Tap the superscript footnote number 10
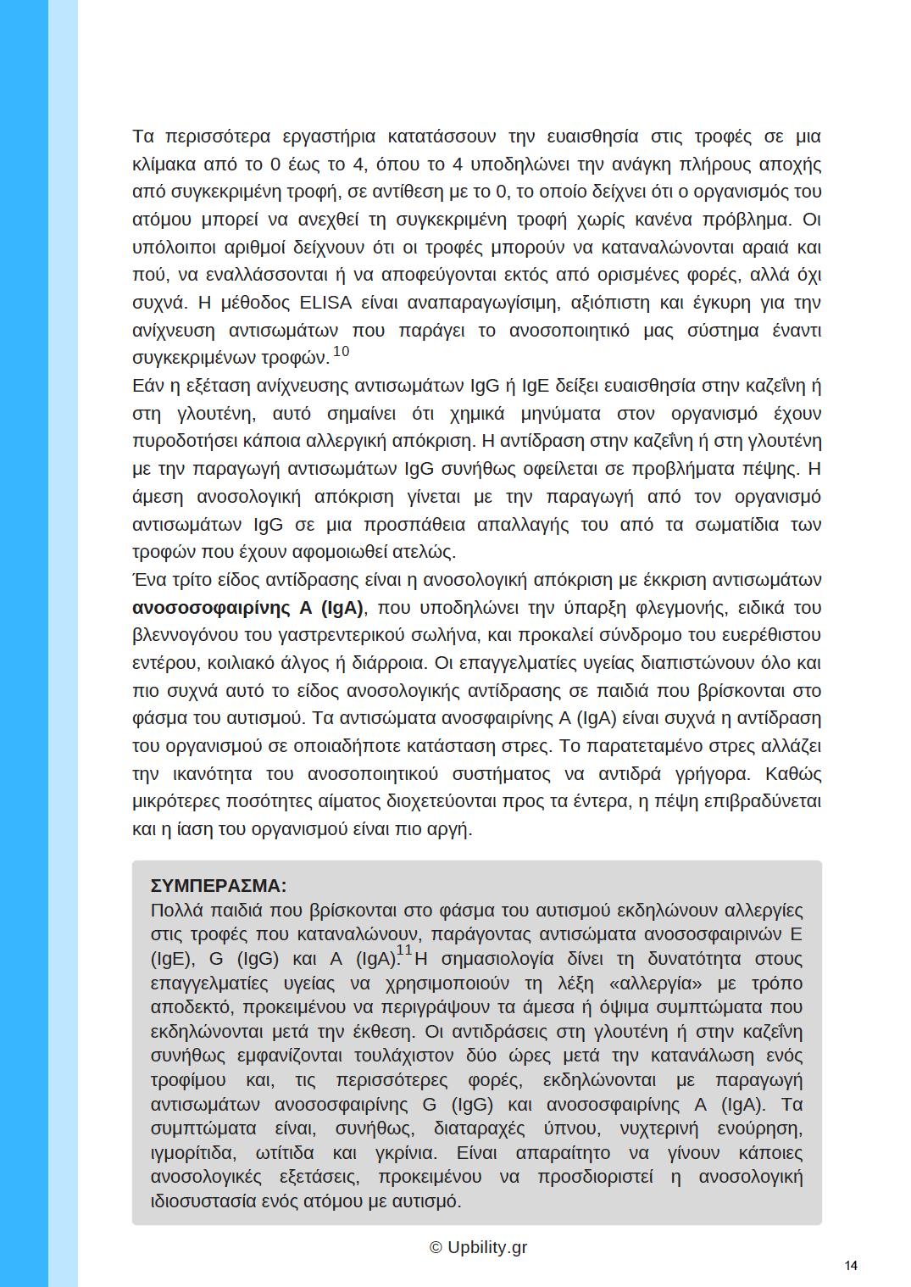(341, 351)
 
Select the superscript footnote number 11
(404, 950)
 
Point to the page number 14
(851, 1266)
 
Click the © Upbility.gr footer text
(478, 1247)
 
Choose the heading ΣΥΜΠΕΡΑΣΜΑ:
(218, 886)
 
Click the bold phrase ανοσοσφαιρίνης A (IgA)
(248, 608)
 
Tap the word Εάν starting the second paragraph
(148, 386)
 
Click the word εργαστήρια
(329, 136)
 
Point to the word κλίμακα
(164, 164)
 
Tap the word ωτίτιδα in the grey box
(285, 1153)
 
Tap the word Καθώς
(793, 774)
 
